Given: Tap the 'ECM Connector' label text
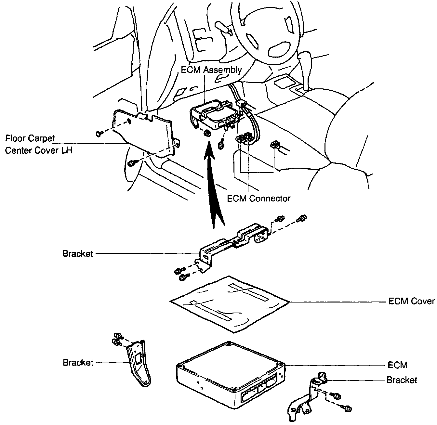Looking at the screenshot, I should (258, 198).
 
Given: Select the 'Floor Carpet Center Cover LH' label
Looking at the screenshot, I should (39, 144).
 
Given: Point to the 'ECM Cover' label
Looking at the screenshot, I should (411, 301).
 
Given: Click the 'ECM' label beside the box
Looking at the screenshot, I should (397, 365).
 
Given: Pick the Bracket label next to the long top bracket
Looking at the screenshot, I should (78, 253).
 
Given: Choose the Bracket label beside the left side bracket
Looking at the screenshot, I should (78, 362).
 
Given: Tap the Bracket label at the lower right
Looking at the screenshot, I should (402, 380).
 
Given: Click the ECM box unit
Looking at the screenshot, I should (228, 374).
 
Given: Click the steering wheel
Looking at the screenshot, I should (267, 32).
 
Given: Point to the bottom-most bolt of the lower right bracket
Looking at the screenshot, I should (347, 408).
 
